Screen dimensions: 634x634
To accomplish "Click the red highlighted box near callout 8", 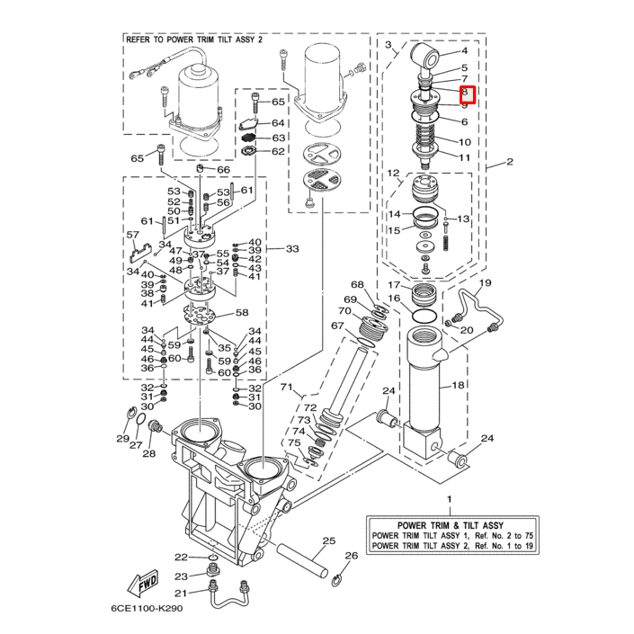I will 465,93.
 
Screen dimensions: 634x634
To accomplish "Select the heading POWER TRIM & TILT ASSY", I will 450,524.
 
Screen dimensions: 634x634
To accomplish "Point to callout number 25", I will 328,540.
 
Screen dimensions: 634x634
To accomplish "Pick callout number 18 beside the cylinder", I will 458,386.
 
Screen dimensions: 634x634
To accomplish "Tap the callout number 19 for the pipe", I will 484,283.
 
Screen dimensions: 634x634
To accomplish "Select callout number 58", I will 241,313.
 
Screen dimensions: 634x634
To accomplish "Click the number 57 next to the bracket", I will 133,236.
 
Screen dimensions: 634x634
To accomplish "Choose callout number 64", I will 278,122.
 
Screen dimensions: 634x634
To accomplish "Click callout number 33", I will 291,249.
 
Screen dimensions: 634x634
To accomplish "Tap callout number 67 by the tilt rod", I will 337,326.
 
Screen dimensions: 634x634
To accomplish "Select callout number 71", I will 287,388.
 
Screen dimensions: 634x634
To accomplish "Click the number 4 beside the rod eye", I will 465,51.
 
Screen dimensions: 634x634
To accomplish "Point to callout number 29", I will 123,438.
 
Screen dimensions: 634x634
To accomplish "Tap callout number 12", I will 393,172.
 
